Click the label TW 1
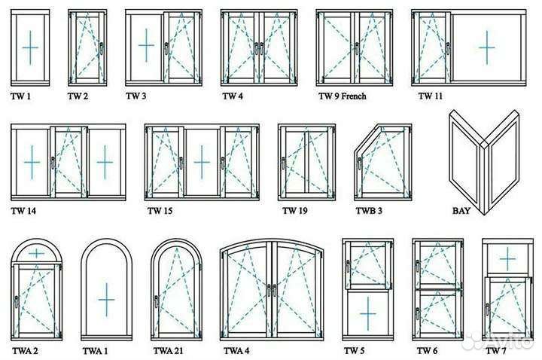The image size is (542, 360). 21,96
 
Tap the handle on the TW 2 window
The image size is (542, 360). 102,48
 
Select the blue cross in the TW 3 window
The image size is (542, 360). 146,45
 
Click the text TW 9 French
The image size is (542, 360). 343,96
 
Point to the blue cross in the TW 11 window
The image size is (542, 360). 487,47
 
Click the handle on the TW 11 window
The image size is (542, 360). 448,48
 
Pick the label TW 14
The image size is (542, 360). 23,211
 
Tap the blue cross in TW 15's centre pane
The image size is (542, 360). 202,162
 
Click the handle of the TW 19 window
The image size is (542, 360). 284,163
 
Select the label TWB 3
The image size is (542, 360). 369,211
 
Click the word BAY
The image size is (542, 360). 461,211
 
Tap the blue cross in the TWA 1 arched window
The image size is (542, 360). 106,300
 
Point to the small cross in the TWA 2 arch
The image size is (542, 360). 36,254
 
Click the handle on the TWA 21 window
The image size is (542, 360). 157,301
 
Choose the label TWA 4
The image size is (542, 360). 236,351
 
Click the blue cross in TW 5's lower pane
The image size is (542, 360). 368,313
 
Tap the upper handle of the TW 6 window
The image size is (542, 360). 418,267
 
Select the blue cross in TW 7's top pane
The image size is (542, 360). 507,258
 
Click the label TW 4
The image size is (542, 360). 233,96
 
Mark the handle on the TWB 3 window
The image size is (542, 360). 360,163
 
